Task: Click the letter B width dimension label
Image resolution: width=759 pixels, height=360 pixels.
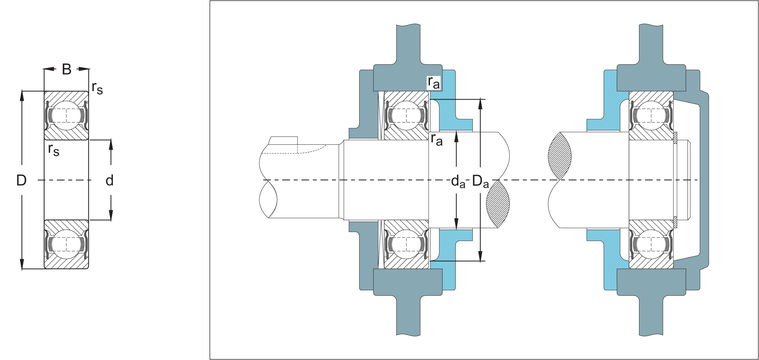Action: [67, 69]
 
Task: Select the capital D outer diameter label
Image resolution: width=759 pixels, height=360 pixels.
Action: [22, 180]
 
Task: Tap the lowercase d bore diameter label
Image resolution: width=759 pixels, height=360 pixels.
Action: [110, 180]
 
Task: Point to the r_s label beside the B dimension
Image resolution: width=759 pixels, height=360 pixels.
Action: [97, 88]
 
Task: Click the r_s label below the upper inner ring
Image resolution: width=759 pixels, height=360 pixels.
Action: [54, 149]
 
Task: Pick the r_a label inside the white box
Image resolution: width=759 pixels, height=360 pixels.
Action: [434, 83]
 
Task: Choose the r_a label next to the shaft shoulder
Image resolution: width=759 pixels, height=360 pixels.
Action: [436, 139]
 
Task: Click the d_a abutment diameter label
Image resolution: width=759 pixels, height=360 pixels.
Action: [458, 181]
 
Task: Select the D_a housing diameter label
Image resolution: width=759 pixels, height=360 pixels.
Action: [480, 181]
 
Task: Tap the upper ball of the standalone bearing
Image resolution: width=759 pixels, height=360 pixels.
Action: [66, 115]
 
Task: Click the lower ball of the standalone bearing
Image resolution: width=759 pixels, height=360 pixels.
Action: [66, 244]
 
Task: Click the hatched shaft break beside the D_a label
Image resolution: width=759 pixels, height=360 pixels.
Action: [498, 204]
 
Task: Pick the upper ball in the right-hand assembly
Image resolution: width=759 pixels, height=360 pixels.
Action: [651, 115]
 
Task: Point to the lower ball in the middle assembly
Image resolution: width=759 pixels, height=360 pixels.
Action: [406, 244]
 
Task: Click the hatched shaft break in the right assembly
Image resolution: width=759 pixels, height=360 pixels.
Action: [560, 156]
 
